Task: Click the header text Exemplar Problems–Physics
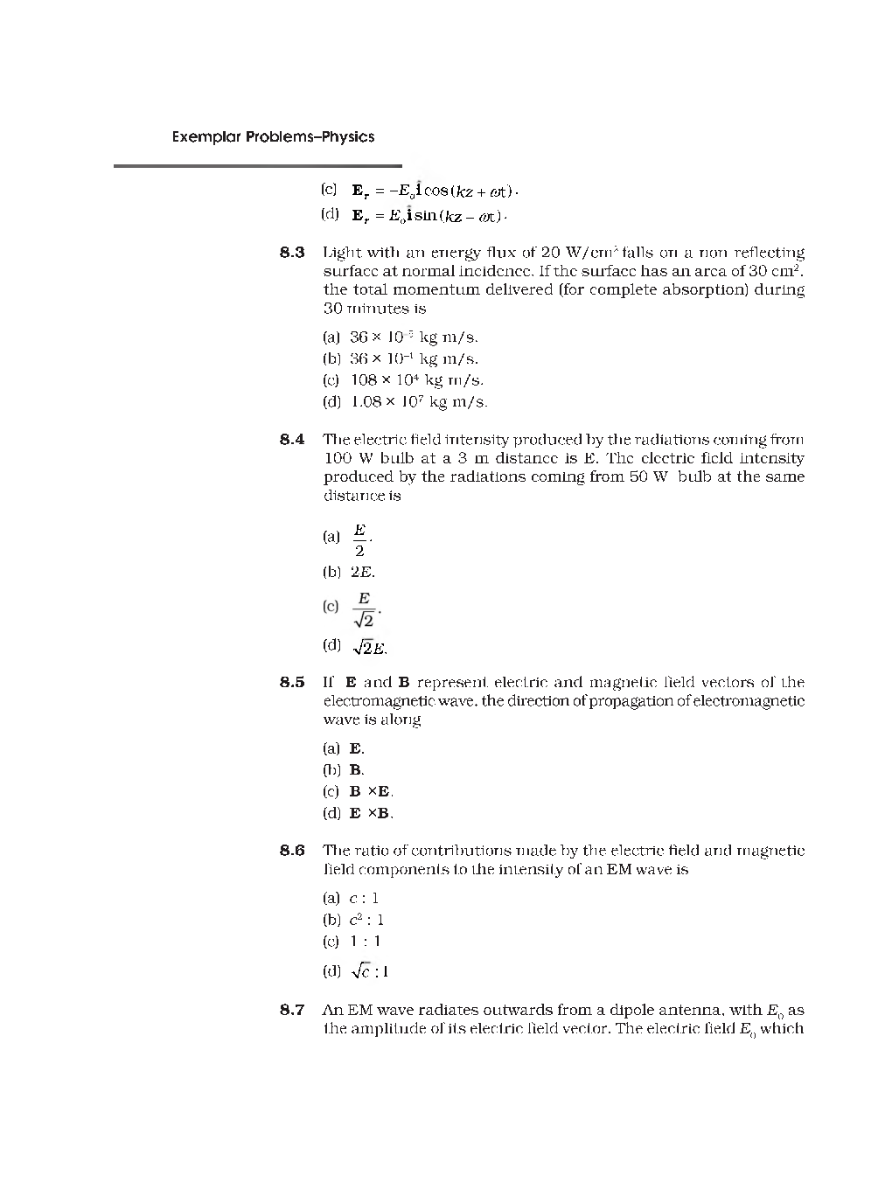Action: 273,136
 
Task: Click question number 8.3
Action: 292,253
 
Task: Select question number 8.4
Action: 292,439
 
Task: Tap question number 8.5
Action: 292,682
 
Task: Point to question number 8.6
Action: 292,851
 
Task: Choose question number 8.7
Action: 292,1010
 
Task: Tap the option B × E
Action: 371,792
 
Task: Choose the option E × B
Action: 371,813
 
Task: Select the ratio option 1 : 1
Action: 366,942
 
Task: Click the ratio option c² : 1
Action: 366,920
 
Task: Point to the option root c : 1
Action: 369,971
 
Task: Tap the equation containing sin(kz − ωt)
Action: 429,215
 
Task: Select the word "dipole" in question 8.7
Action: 607,1011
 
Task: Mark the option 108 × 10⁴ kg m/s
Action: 416,380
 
